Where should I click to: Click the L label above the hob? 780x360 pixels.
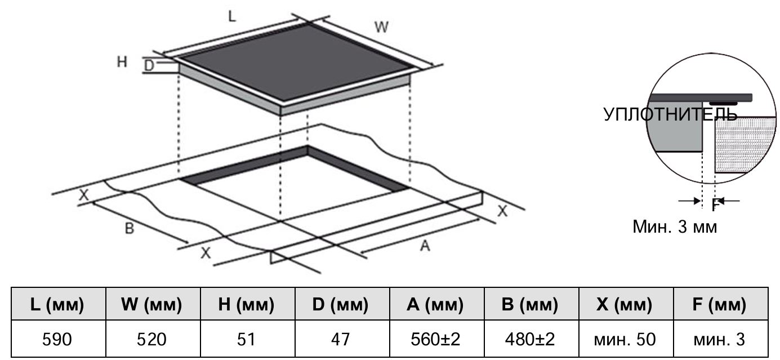(x=232, y=16)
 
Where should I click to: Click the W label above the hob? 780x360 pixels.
(x=381, y=27)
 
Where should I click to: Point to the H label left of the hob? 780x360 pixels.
(x=122, y=61)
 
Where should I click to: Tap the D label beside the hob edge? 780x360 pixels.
(x=149, y=65)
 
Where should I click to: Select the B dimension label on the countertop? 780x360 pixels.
(x=129, y=228)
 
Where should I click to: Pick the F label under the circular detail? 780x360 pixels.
(x=715, y=205)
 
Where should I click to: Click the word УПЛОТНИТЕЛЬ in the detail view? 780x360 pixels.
(x=670, y=114)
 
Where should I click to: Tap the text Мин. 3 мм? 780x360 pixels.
(x=675, y=227)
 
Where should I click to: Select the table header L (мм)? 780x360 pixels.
(x=57, y=304)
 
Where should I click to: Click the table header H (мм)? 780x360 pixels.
(x=246, y=304)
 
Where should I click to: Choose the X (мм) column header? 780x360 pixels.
(x=625, y=304)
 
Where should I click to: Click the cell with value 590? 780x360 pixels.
(x=57, y=339)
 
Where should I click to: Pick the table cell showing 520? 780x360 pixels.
(x=151, y=339)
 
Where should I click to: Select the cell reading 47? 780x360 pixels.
(x=340, y=339)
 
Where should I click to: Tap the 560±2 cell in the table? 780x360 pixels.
(x=435, y=339)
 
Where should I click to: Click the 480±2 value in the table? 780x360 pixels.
(x=529, y=339)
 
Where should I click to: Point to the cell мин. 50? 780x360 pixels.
(x=625, y=339)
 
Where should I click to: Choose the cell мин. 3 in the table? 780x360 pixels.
(x=719, y=339)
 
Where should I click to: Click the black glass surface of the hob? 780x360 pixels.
(x=296, y=62)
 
